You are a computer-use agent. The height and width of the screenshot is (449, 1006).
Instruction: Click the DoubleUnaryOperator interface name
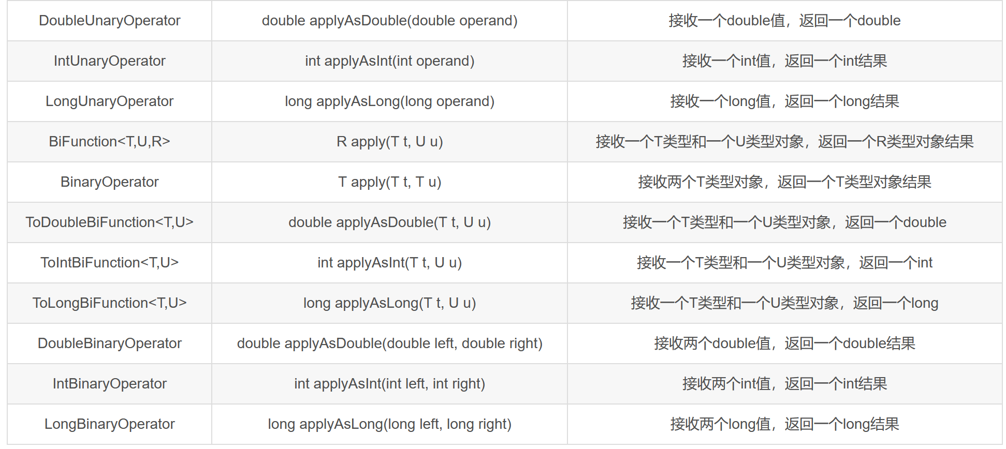pos(109,21)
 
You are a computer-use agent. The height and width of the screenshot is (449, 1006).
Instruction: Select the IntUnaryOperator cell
pos(109,61)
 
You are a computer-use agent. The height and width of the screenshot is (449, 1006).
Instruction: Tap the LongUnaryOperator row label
pos(109,101)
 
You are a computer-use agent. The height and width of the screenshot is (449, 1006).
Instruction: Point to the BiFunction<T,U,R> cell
pos(109,142)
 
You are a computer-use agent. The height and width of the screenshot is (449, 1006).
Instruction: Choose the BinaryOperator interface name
pos(109,182)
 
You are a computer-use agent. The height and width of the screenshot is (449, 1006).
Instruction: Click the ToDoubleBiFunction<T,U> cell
pos(109,222)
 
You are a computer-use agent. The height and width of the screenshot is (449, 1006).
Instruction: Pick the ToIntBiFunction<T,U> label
pos(109,263)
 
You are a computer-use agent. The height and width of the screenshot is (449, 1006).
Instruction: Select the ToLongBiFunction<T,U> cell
pos(109,303)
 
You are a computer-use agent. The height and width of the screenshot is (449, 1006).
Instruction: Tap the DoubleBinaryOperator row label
pos(109,343)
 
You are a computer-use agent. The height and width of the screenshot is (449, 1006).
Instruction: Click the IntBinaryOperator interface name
pos(109,384)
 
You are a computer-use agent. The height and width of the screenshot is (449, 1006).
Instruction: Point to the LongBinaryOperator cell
pos(109,424)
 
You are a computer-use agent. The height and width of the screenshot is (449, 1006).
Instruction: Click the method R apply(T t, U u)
pos(389,142)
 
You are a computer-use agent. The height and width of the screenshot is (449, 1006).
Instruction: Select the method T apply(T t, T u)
pos(389,182)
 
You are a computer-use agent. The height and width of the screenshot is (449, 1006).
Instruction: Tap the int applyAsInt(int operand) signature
pos(389,61)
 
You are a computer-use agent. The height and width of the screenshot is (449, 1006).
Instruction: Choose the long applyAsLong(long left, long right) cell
pos(389,424)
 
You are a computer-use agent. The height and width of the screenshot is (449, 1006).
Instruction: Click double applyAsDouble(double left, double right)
pos(389,343)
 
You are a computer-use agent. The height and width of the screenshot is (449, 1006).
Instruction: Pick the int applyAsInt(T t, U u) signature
pos(389,263)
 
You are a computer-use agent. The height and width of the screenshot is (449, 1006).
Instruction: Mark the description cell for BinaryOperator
pos(784,182)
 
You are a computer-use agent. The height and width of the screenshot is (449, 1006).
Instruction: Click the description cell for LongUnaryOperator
pos(784,101)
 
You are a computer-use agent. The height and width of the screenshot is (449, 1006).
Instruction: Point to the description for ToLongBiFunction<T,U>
pos(784,303)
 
